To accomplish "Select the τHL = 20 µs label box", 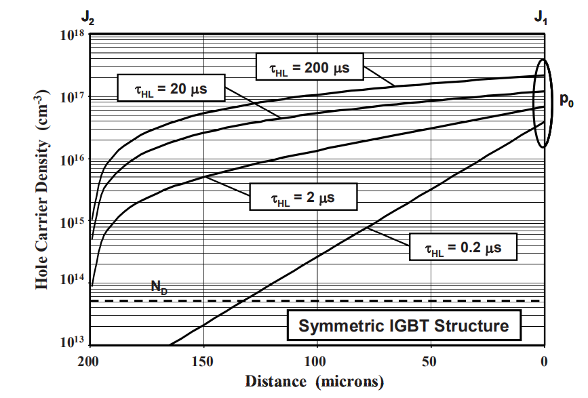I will point(162,88).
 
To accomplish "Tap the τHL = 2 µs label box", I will point(302,197).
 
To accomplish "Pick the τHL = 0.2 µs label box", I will point(463,248).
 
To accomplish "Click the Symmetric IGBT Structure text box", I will point(404,325).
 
